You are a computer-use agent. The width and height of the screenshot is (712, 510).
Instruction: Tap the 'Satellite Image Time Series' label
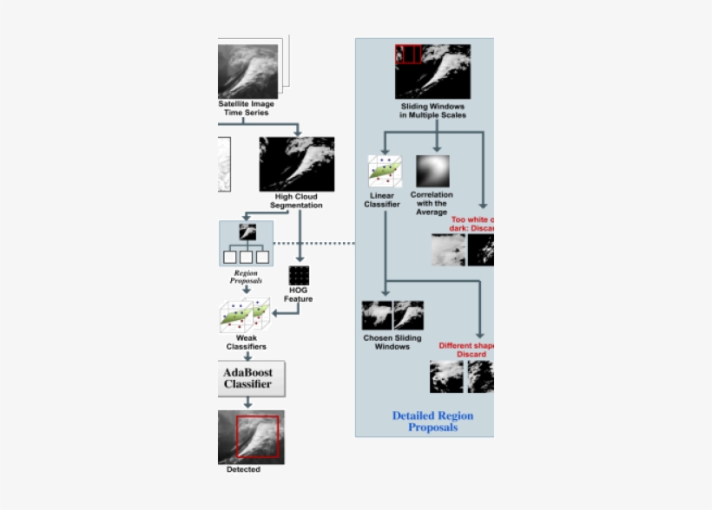point(246,108)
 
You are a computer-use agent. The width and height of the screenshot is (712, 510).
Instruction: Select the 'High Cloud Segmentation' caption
point(296,201)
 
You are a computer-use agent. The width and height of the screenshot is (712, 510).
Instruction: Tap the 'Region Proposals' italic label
point(246,277)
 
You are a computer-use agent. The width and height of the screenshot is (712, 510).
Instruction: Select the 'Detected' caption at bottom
point(243,470)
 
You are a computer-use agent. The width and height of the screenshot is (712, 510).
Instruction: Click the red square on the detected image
point(258,436)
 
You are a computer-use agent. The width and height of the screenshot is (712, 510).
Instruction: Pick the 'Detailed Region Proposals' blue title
point(432,422)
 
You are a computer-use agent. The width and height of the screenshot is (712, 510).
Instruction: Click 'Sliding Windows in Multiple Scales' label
point(432,111)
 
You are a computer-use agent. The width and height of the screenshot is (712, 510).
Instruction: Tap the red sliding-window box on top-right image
point(408,54)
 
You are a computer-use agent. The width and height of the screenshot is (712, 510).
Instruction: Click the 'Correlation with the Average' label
point(432,204)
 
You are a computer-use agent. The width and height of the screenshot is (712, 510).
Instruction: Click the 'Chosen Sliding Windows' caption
point(392,343)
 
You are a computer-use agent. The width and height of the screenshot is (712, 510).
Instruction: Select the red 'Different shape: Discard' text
point(466,350)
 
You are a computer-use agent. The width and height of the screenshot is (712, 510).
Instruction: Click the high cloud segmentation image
point(297,163)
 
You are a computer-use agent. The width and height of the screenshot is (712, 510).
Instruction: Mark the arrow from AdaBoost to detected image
point(247,402)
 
